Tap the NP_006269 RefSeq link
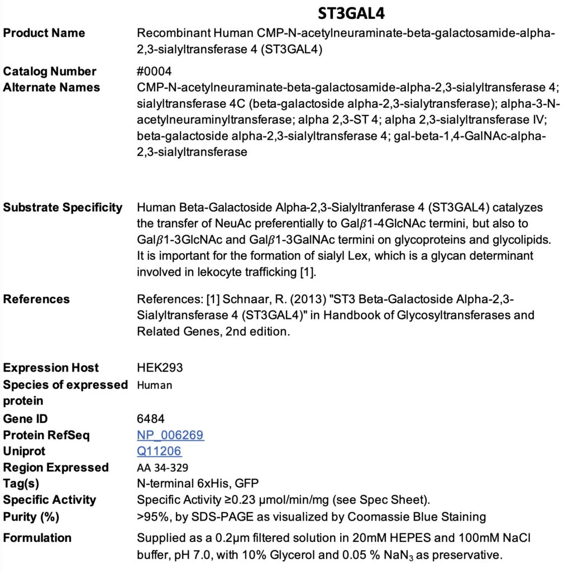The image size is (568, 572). point(170,435)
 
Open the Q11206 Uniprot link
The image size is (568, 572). point(159,451)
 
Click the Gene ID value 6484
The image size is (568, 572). point(151,419)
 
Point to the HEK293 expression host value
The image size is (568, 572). point(160,368)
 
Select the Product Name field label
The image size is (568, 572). point(44,33)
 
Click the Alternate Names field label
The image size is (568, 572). point(51,88)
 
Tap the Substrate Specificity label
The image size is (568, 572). point(63,208)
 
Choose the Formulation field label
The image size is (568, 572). point(37,538)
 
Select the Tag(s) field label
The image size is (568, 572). point(21,484)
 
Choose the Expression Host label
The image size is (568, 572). point(51,368)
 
